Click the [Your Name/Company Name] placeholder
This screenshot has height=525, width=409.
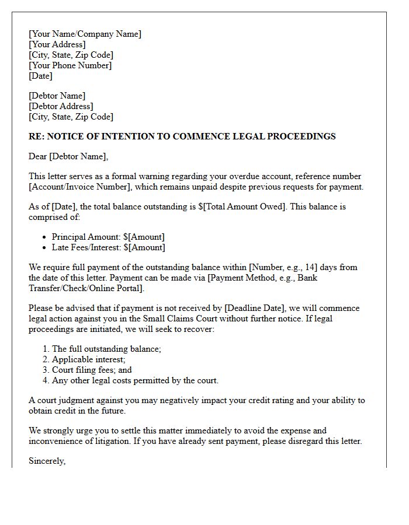(85, 34)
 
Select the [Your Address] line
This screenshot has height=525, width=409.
(57, 44)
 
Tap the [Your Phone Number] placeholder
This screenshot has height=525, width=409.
(70, 65)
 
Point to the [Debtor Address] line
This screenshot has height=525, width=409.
(61, 106)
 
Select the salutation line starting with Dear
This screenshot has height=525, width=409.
(68, 156)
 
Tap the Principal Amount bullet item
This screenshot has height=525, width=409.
(108, 237)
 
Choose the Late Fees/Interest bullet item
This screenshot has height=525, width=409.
(108, 247)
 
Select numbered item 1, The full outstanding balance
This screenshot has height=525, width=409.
(106, 349)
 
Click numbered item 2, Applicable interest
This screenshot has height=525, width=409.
(88, 359)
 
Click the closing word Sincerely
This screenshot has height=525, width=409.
(47, 461)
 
